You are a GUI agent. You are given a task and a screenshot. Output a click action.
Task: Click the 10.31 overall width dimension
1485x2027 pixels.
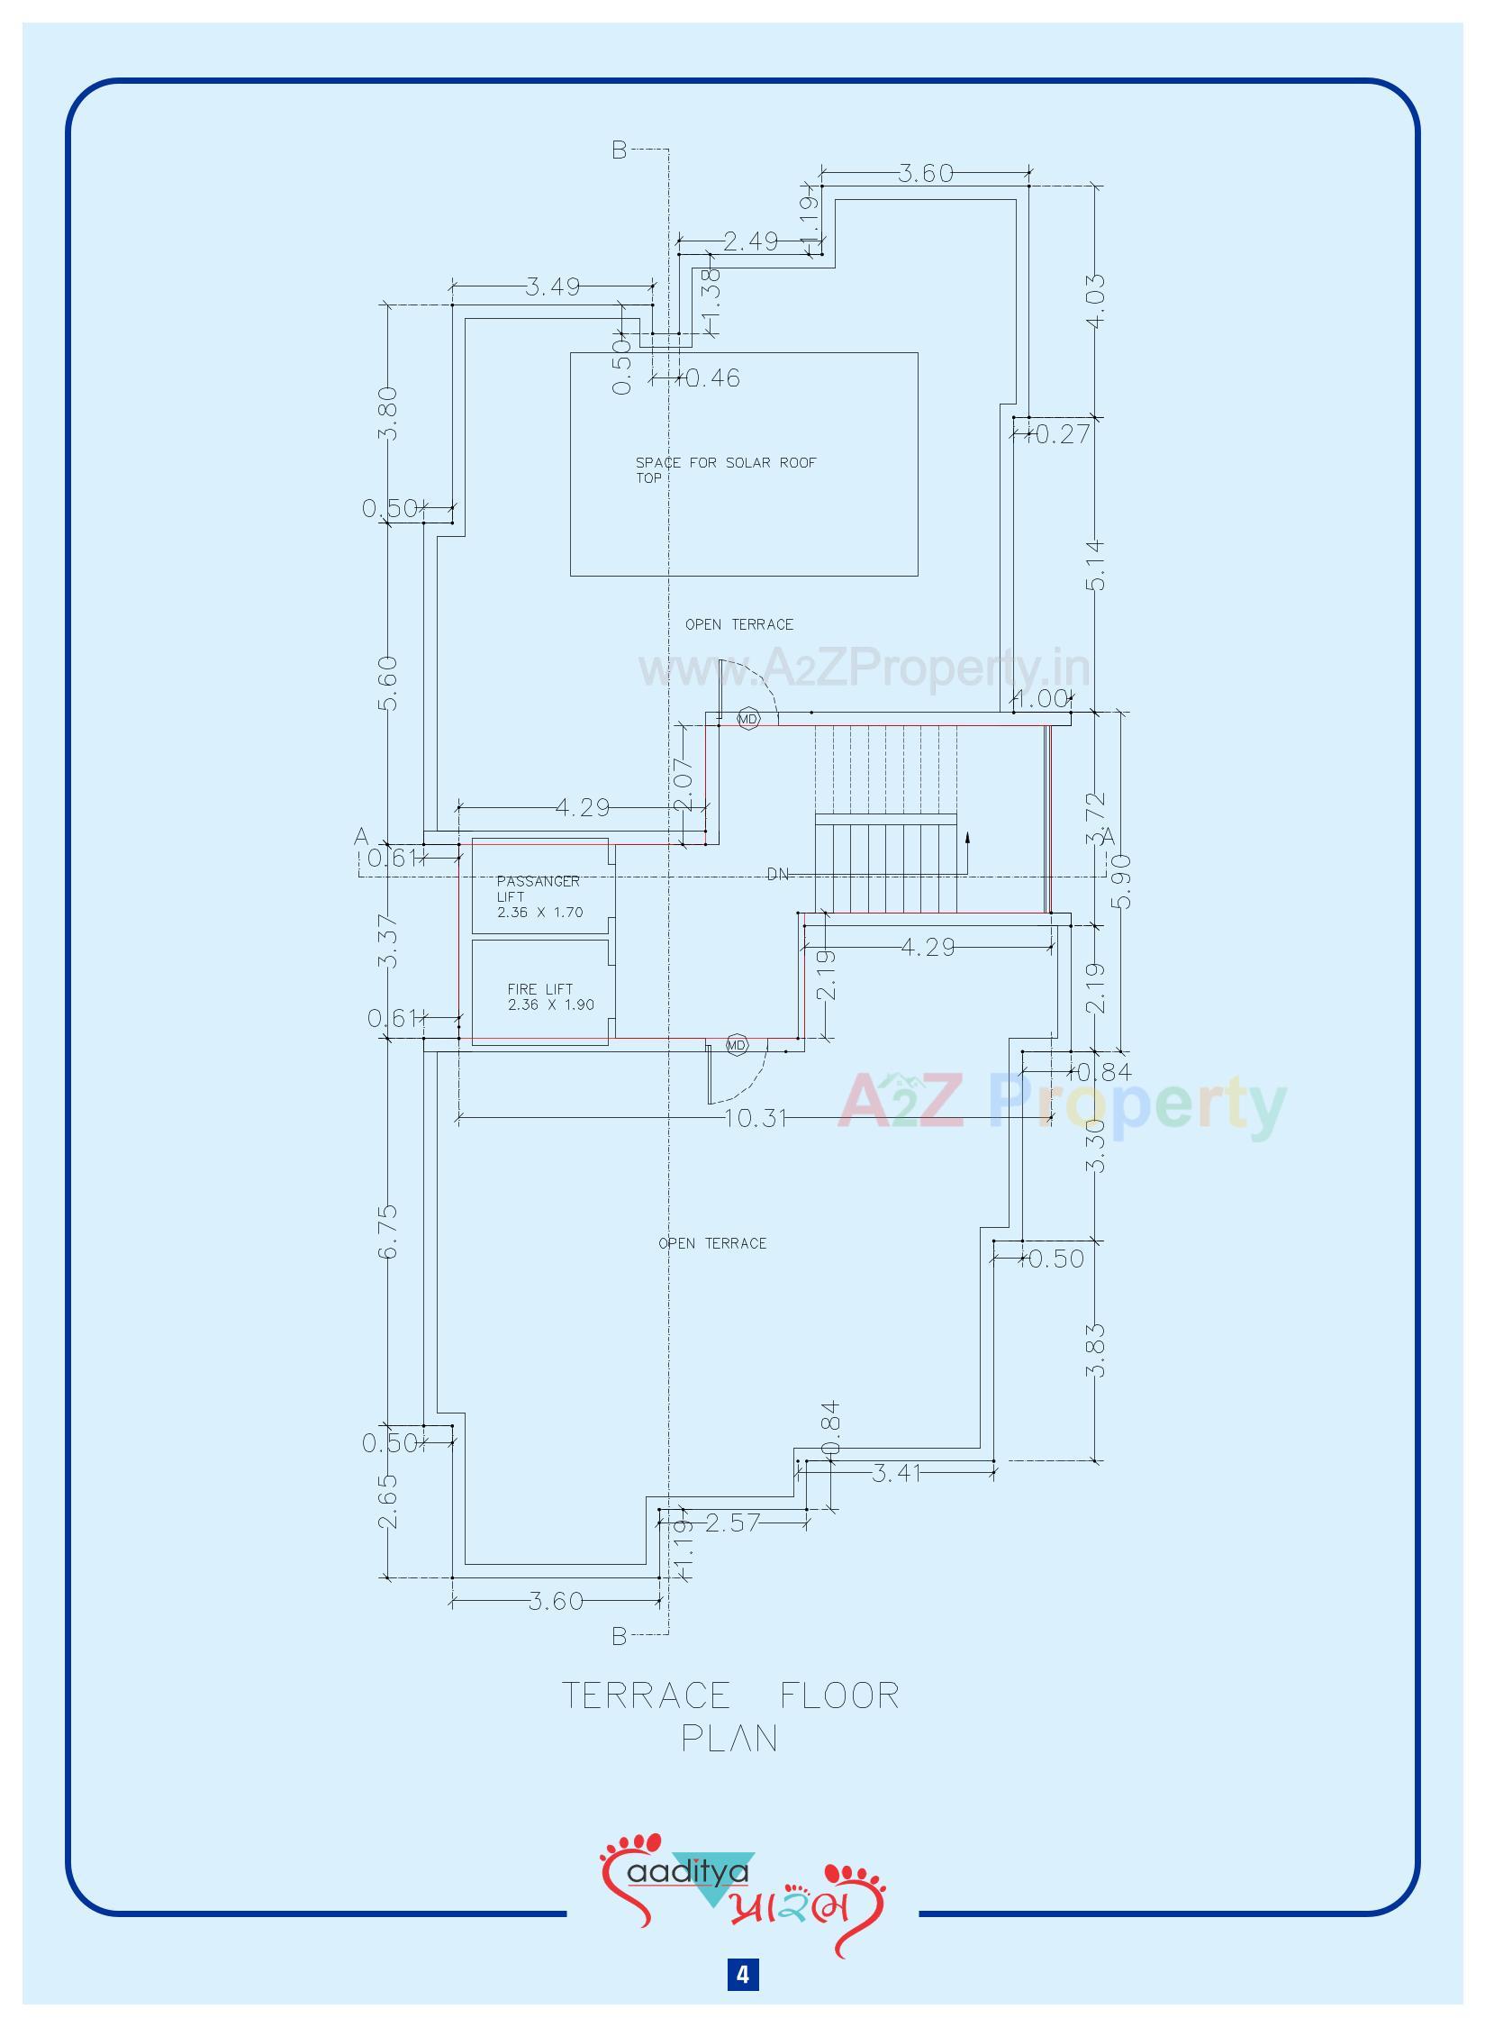click(x=756, y=1118)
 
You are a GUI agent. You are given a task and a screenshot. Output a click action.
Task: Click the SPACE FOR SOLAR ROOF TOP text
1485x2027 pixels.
click(x=725, y=469)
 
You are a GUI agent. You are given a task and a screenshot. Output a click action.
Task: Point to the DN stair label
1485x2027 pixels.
click(x=777, y=874)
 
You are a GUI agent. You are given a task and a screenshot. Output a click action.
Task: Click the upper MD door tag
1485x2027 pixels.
click(x=748, y=719)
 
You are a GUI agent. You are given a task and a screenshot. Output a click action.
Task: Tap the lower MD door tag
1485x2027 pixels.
click(x=737, y=1045)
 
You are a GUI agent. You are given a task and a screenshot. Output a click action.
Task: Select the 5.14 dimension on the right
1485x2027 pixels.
click(x=1096, y=565)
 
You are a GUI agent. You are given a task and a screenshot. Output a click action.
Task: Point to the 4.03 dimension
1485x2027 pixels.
click(x=1096, y=301)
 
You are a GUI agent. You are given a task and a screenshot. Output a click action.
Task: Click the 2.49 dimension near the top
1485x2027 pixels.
click(x=750, y=241)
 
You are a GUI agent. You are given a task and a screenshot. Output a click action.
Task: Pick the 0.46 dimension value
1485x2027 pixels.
click(x=713, y=378)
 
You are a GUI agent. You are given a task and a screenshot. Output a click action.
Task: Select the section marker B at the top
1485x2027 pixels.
click(x=619, y=150)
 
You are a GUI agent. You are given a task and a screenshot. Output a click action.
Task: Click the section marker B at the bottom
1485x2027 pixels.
click(x=619, y=1636)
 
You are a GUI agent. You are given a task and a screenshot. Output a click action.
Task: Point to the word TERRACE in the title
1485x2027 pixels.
click(x=646, y=1696)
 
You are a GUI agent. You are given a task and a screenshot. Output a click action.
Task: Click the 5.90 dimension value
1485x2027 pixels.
click(x=1124, y=882)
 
